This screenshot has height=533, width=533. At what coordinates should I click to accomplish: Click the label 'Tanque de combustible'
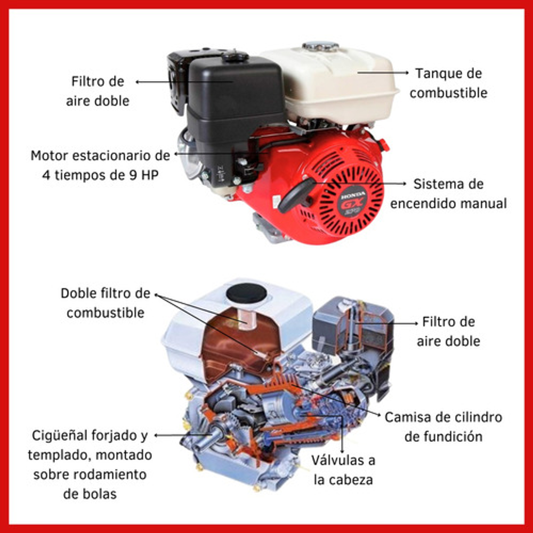pyautogui.click(x=448, y=83)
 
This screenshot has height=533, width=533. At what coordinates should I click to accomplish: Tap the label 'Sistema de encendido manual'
pyautogui.click(x=448, y=194)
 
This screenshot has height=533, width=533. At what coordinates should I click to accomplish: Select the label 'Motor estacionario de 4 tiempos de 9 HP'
pyautogui.click(x=100, y=165)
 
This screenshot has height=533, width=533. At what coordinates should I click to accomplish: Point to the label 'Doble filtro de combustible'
pyautogui.click(x=106, y=303)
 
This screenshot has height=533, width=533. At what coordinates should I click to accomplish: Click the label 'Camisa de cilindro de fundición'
pyautogui.click(x=443, y=427)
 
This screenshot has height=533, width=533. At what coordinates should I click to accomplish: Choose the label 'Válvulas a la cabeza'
pyautogui.click(x=343, y=470)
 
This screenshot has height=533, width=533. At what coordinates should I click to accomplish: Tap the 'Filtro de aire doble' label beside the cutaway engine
pyautogui.click(x=448, y=332)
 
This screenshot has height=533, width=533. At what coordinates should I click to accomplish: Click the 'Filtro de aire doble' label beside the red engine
pyautogui.click(x=98, y=91)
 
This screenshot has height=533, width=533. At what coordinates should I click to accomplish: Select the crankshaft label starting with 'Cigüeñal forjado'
pyautogui.click(x=90, y=464)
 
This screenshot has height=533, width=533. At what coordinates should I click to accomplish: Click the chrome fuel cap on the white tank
pyautogui.click(x=320, y=46)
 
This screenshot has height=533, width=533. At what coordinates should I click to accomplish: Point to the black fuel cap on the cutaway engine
pyautogui.click(x=246, y=293)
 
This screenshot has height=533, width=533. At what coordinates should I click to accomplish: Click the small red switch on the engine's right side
pyautogui.click(x=384, y=144)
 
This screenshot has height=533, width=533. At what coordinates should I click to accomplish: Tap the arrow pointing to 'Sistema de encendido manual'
pyautogui.click(x=360, y=183)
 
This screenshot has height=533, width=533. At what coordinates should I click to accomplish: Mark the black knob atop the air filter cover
pyautogui.click(x=235, y=55)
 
